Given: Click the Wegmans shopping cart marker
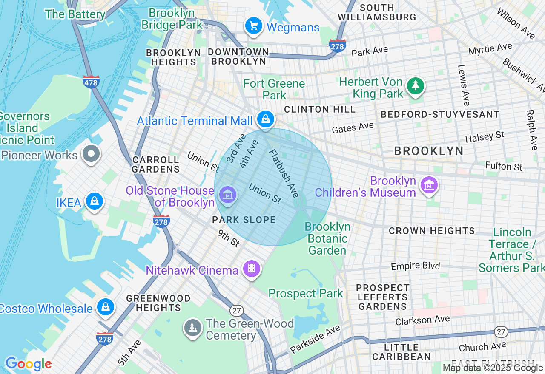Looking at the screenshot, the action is point(254,26).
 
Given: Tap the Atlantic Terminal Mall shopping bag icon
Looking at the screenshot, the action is point(266,119).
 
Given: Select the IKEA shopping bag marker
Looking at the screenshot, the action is point(95,201).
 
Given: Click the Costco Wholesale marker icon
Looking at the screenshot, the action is point(105,307).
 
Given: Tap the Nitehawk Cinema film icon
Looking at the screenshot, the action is point(252,268).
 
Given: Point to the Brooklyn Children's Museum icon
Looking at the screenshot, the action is point(429,185).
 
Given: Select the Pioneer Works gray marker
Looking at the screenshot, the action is point(91,153).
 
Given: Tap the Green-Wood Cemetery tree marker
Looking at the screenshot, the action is point(193,328).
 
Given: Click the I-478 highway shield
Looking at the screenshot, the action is point(91,82).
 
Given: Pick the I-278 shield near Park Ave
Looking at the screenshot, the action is point(337,45).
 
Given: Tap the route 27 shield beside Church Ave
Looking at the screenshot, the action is point(501,331).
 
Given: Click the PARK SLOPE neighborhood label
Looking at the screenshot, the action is point(244,220).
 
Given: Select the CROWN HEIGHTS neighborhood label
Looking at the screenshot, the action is point(432,231).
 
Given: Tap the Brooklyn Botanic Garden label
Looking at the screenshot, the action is point(327,238).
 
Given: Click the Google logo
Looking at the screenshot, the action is point(28,364).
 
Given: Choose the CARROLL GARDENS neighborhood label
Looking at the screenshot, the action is point(156,164).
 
